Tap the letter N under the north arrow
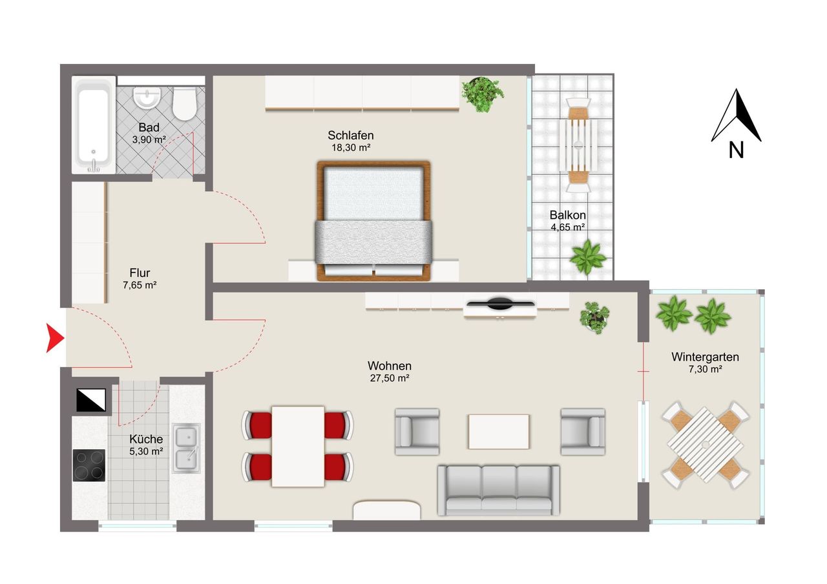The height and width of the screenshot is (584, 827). point(736,150)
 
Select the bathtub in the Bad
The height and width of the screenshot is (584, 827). point(94,125)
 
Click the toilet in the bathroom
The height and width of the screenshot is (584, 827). point(184,104)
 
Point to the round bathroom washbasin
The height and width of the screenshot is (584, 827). point(147,97)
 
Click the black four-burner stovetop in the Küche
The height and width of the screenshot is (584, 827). point(89,465)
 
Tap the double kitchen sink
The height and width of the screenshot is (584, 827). point(186,448)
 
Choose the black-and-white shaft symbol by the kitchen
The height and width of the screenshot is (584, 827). point(91,399)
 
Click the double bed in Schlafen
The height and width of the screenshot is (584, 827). point(373,221)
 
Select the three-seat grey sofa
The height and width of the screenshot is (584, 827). point(498,490)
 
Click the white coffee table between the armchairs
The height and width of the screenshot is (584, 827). point(499,431)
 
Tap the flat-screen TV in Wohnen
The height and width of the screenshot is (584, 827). point(500,304)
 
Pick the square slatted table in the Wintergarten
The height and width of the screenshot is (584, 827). point(705,445)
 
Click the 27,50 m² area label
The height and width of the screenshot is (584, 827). point(390,378)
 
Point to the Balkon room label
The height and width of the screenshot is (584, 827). point(567,215)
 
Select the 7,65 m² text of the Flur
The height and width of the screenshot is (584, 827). point(140,285)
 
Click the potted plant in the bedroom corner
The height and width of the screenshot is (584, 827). point(482,94)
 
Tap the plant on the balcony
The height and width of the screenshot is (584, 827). point(587,257)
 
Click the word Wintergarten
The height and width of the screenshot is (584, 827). point(705,357)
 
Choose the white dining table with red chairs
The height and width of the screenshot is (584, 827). point(298,446)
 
